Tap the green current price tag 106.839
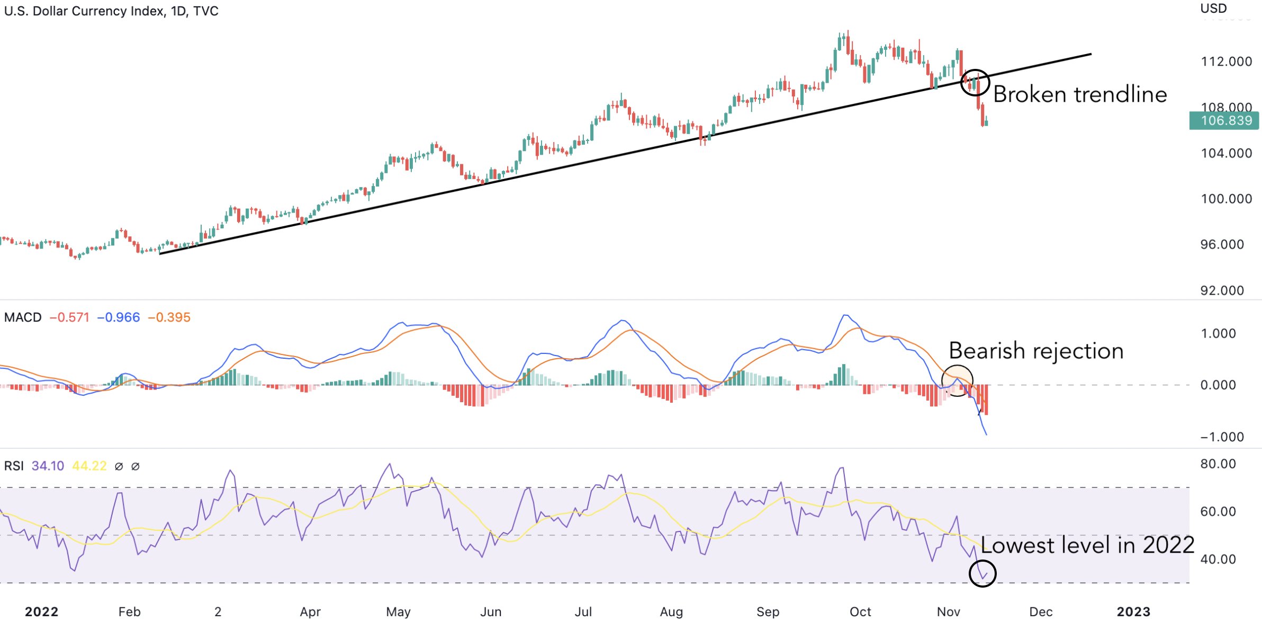(1224, 121)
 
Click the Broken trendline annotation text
(1080, 95)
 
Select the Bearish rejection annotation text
(1036, 351)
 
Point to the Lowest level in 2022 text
(1087, 545)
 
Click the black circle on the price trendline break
(975, 83)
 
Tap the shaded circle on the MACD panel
(957, 380)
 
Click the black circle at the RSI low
(982, 573)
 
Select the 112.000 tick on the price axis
(1227, 62)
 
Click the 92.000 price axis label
(1222, 290)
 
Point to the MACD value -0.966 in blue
(119, 317)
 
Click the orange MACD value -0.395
(169, 317)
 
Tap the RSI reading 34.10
(48, 466)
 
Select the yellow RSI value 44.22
(89, 466)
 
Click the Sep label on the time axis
(768, 612)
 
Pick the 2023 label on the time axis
(1133, 612)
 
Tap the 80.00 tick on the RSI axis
(1218, 464)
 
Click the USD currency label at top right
(1213, 8)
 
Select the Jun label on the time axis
(491, 612)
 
